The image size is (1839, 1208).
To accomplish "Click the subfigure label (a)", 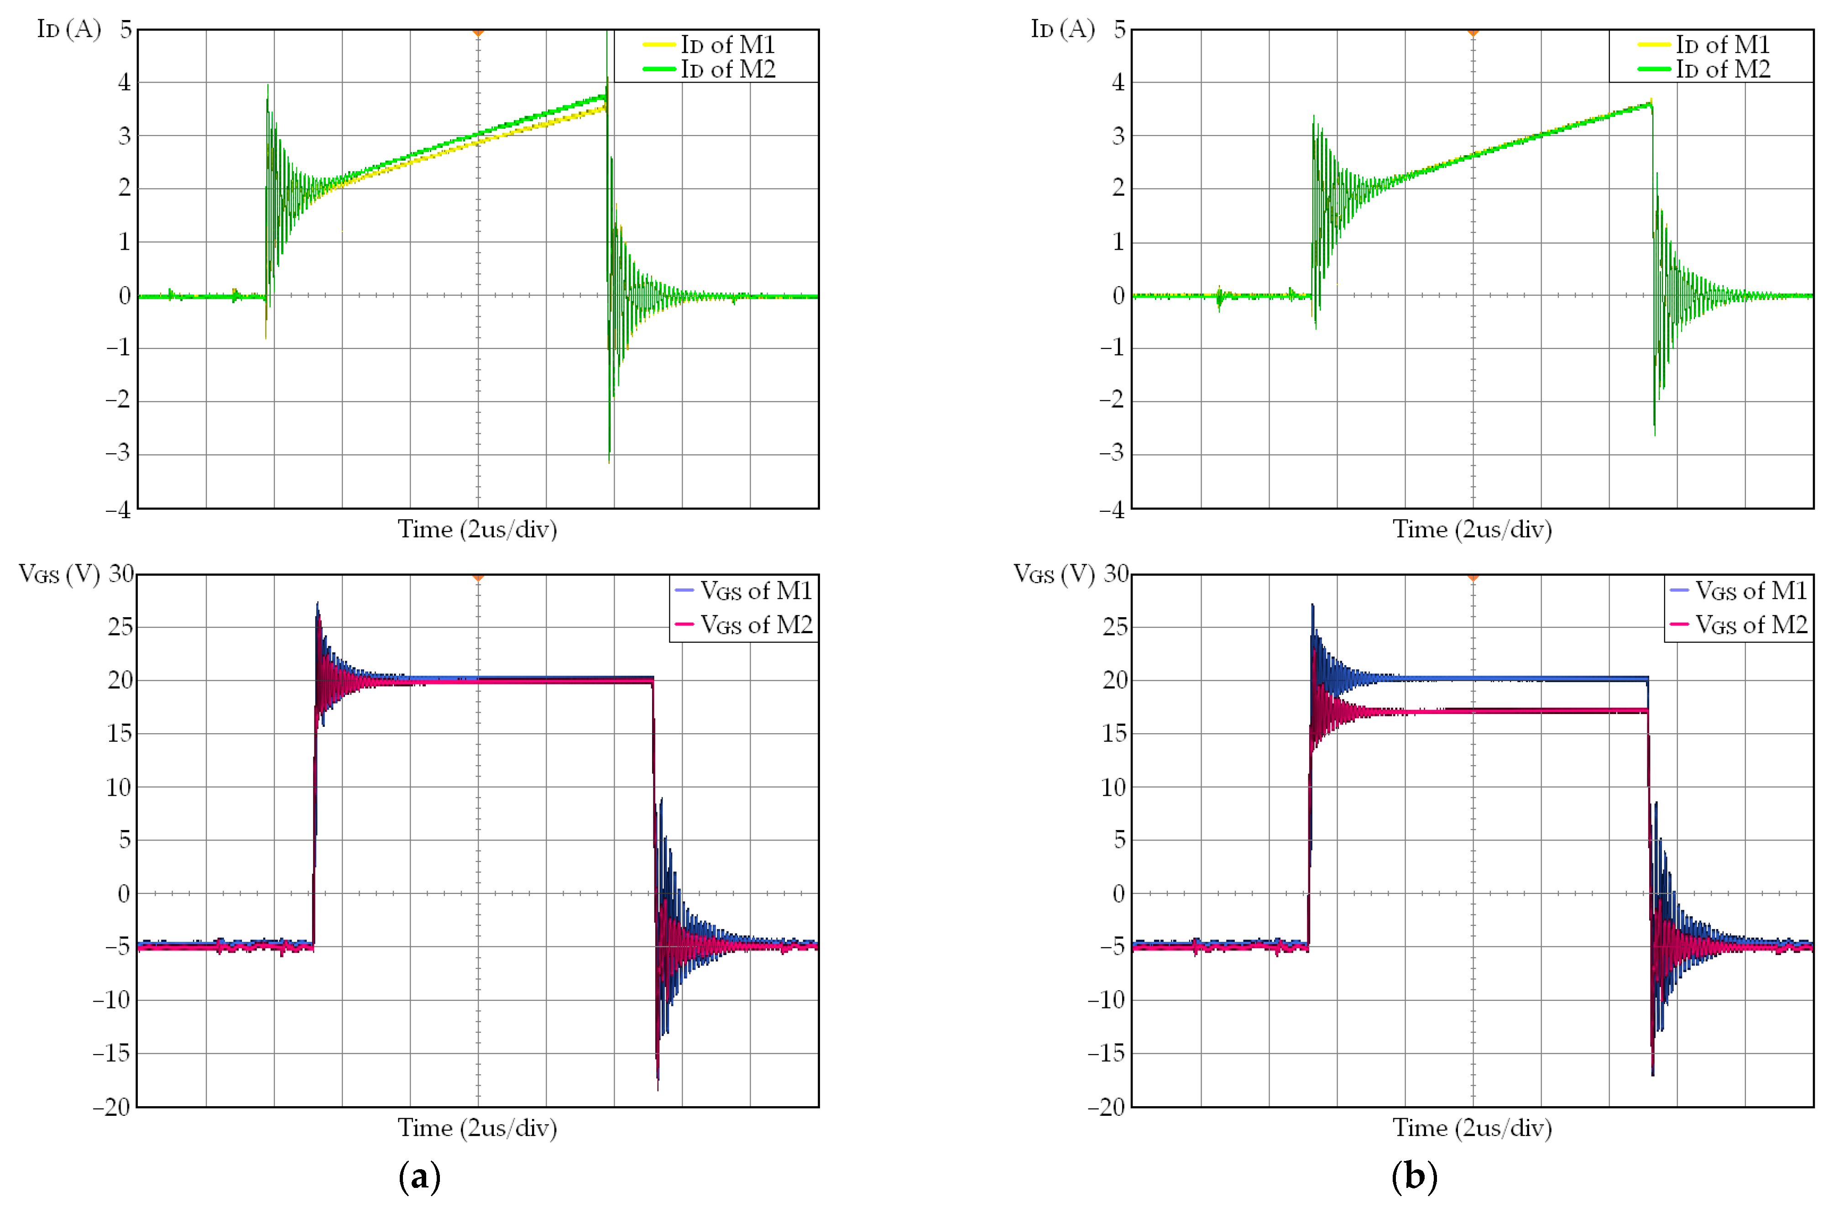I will point(419,1176).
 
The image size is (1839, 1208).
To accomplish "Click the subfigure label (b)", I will point(1414,1176).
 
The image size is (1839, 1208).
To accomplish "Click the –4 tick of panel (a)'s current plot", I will point(118,509).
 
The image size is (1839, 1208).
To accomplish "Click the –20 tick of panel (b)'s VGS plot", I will point(1108,1107).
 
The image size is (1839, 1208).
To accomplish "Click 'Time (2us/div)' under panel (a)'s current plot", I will point(477,530).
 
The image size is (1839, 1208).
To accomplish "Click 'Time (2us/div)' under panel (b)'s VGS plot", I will point(1472,1129).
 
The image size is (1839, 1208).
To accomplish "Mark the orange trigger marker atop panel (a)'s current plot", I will point(478,32).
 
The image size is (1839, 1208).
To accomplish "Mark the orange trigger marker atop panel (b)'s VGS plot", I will point(1473,578).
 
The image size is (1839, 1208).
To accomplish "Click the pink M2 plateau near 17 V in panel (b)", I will point(1507,711).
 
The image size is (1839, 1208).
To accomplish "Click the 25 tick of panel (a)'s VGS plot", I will point(120,627).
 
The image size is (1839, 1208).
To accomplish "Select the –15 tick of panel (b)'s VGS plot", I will point(1108,1053).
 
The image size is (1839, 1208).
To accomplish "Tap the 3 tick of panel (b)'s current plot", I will point(1118,136).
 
